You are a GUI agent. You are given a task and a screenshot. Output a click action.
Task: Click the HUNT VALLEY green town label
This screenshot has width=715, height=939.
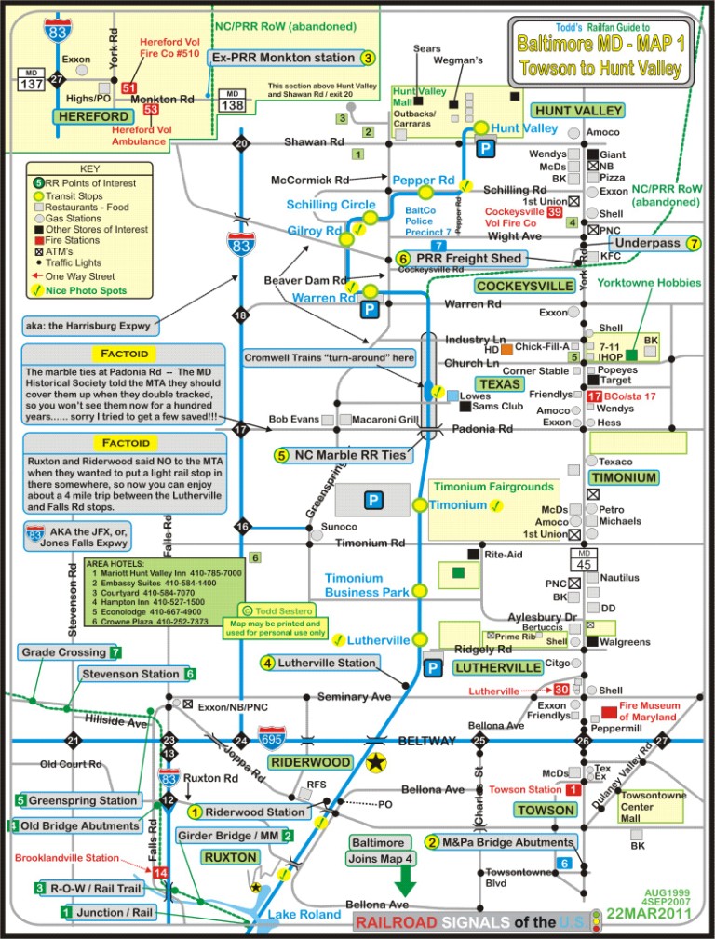click(577, 110)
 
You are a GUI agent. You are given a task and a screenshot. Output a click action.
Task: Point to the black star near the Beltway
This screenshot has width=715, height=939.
click(376, 763)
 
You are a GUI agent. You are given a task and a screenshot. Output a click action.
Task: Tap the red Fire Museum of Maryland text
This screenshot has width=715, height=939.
click(650, 712)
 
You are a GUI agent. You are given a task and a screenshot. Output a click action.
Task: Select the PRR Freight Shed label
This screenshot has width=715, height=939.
click(471, 258)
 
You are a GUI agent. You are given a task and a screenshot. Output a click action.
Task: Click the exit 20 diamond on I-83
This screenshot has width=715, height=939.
click(241, 143)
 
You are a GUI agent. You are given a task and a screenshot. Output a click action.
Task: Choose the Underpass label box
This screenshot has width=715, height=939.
click(648, 243)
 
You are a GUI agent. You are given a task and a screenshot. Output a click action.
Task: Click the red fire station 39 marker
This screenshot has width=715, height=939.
click(555, 213)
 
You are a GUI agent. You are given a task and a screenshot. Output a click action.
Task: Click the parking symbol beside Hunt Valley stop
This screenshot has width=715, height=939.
click(485, 148)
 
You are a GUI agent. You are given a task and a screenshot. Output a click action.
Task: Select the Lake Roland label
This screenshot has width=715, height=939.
click(304, 914)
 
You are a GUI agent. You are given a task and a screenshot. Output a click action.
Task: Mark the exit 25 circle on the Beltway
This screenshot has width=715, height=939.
click(480, 741)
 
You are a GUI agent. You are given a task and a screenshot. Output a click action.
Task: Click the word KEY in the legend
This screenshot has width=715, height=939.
click(89, 169)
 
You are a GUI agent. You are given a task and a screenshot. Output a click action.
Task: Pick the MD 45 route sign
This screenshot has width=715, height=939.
click(584, 558)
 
